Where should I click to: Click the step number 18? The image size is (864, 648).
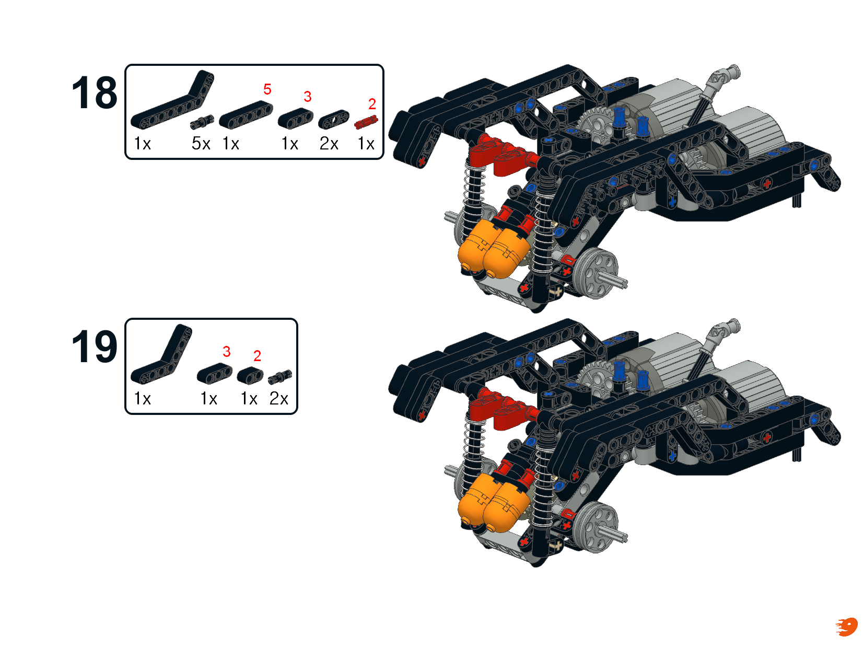(x=95, y=93)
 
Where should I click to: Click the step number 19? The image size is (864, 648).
(x=95, y=346)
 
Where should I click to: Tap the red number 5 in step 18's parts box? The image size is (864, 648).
(x=267, y=89)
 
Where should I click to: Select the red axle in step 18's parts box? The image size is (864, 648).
(x=366, y=122)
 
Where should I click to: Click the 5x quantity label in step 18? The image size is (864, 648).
(x=201, y=144)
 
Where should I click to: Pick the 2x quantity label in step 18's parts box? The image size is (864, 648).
(x=329, y=144)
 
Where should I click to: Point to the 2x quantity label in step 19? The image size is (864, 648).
(x=278, y=398)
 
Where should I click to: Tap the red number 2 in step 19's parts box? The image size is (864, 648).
(x=257, y=356)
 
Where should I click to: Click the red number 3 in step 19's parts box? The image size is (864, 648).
(x=226, y=352)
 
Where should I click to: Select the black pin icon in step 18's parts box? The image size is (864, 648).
(x=202, y=122)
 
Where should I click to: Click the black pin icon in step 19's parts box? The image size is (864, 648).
(x=280, y=377)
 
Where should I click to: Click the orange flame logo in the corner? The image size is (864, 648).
(x=847, y=627)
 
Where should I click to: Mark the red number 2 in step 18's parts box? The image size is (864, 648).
(x=372, y=104)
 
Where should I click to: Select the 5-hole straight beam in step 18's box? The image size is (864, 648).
(x=246, y=114)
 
